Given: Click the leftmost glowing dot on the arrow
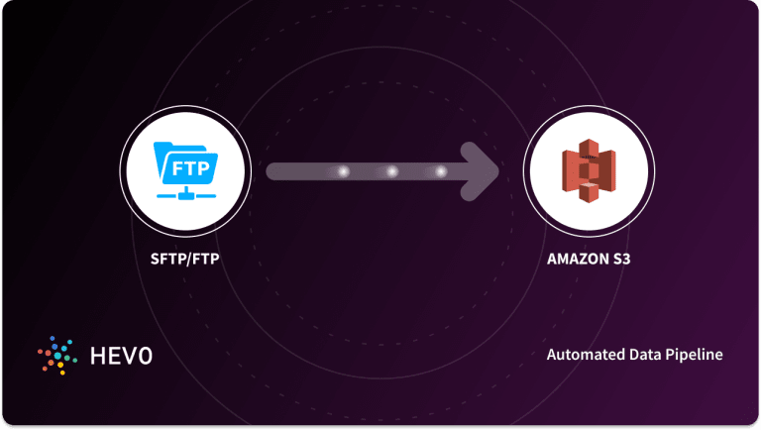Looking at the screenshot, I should (x=344, y=172).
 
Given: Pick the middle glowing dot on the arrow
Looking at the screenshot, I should (x=391, y=172).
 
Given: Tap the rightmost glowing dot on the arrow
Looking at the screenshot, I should (x=440, y=172).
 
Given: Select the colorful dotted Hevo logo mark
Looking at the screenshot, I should (x=54, y=354).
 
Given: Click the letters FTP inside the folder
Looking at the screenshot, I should (x=191, y=167).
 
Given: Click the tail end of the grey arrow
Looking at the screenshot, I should (x=274, y=172).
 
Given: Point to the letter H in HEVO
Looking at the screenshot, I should (x=94, y=354).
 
